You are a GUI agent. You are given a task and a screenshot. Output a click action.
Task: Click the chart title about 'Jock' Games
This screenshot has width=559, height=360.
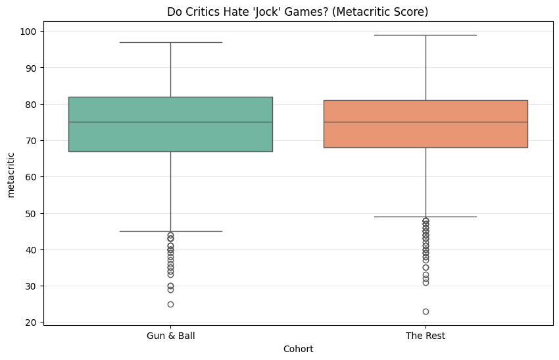[x=298, y=11]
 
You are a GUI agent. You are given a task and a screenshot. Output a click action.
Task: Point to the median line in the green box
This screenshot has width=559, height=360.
[x=170, y=122]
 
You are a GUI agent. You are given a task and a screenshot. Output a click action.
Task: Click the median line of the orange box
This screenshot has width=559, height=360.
[x=425, y=122]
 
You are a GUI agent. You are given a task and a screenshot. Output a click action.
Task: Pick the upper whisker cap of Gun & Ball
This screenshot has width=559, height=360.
[x=170, y=42]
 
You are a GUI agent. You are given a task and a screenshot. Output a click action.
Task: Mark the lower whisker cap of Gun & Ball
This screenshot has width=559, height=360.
[x=170, y=231]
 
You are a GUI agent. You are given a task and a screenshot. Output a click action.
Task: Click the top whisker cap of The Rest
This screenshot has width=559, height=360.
[x=425, y=35]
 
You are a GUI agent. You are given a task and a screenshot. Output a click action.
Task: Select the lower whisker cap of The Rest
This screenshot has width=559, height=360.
[x=425, y=217]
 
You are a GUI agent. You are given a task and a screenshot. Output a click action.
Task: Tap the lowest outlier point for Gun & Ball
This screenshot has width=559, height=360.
[x=170, y=304]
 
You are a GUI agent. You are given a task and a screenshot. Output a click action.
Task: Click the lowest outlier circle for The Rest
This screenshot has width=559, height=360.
[x=425, y=311]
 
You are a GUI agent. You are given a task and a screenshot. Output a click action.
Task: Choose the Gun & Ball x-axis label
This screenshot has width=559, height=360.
[x=170, y=336]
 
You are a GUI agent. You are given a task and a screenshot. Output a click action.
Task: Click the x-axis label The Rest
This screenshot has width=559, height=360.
[x=425, y=336]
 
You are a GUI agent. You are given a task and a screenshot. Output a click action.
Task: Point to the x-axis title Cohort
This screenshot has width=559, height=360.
[x=298, y=348]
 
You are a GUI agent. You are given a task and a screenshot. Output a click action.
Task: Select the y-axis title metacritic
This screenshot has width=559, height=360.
[x=11, y=174]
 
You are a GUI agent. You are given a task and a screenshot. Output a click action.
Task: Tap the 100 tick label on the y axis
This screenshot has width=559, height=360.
[x=30, y=32]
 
